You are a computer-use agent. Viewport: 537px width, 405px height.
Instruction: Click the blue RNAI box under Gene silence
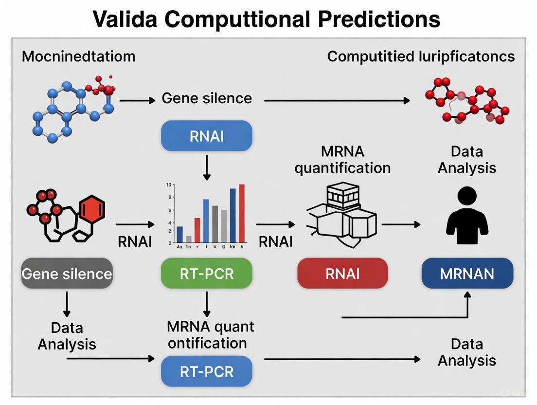pos(207,136)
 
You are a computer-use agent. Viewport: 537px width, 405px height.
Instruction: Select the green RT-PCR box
pos(207,273)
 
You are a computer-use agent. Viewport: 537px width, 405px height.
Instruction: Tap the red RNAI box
pos(342,273)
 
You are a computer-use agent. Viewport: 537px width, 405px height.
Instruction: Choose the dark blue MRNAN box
pos(467,273)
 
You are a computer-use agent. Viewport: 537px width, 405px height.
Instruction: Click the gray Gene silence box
pos(67,273)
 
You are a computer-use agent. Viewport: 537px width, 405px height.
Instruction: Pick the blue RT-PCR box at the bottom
pos(207,372)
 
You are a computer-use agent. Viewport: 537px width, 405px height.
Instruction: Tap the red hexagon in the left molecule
pos(92,210)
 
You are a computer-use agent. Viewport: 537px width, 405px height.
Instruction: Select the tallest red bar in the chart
pos(242,213)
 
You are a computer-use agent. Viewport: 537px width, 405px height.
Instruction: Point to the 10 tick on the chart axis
pos(168,185)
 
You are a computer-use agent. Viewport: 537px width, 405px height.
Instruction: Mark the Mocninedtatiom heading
pos(78,56)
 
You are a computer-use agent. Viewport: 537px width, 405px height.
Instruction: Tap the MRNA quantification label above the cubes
pos(342,160)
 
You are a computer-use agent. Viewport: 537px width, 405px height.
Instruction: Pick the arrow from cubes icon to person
pos(401,224)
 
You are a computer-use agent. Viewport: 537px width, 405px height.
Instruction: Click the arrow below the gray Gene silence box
pos(67,304)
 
